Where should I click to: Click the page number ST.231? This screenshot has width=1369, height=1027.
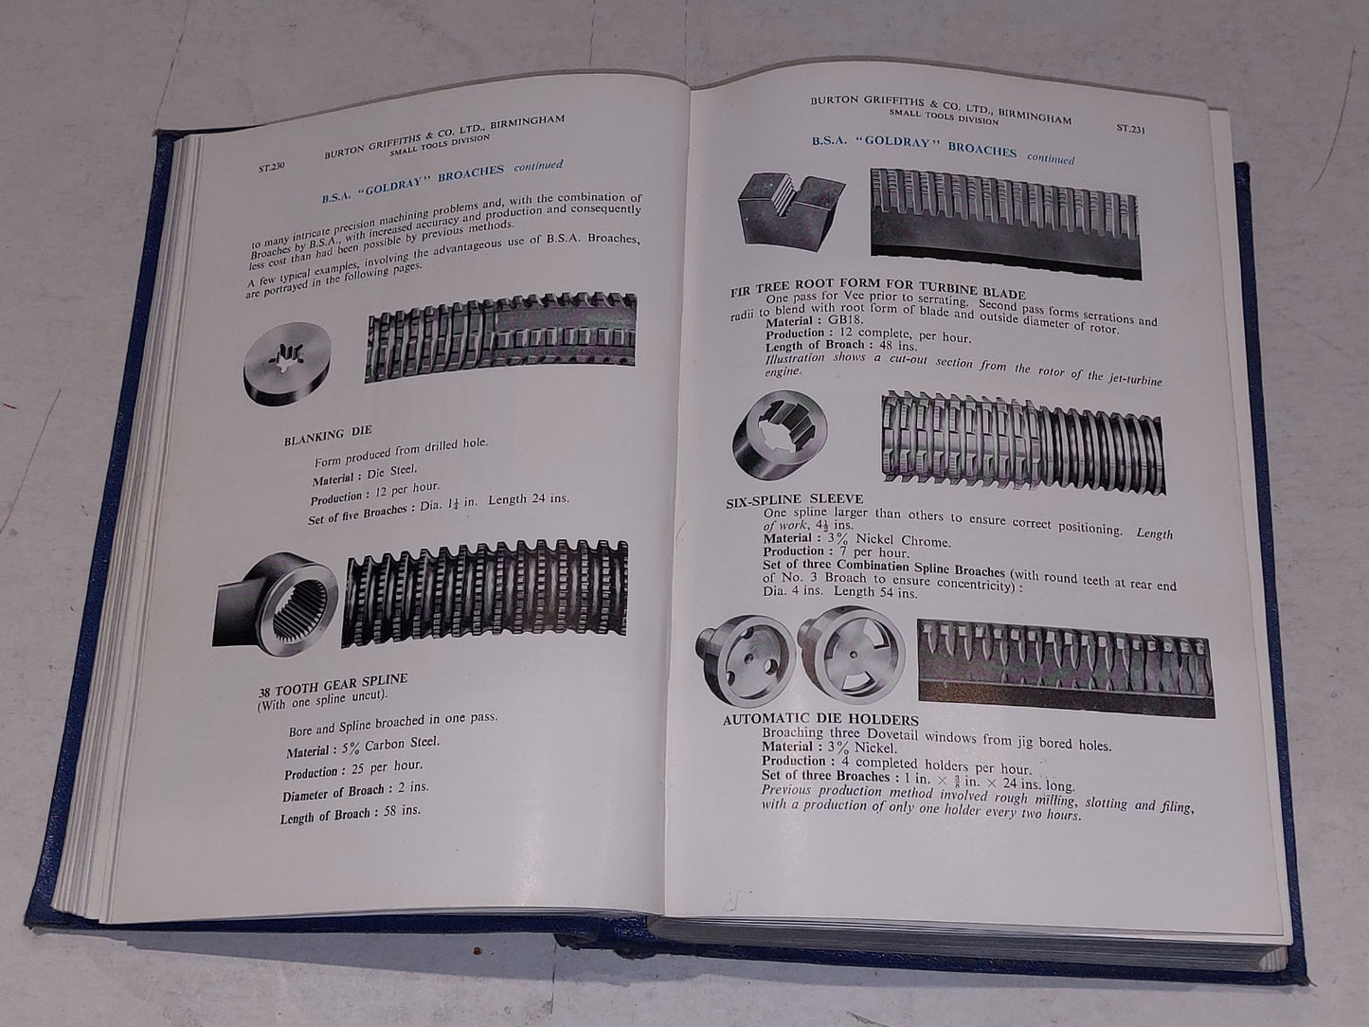click(1131, 132)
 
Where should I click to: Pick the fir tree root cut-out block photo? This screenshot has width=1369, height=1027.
click(792, 215)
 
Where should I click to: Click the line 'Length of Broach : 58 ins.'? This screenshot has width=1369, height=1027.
click(351, 814)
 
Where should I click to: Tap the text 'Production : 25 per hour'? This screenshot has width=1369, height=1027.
click(355, 768)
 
